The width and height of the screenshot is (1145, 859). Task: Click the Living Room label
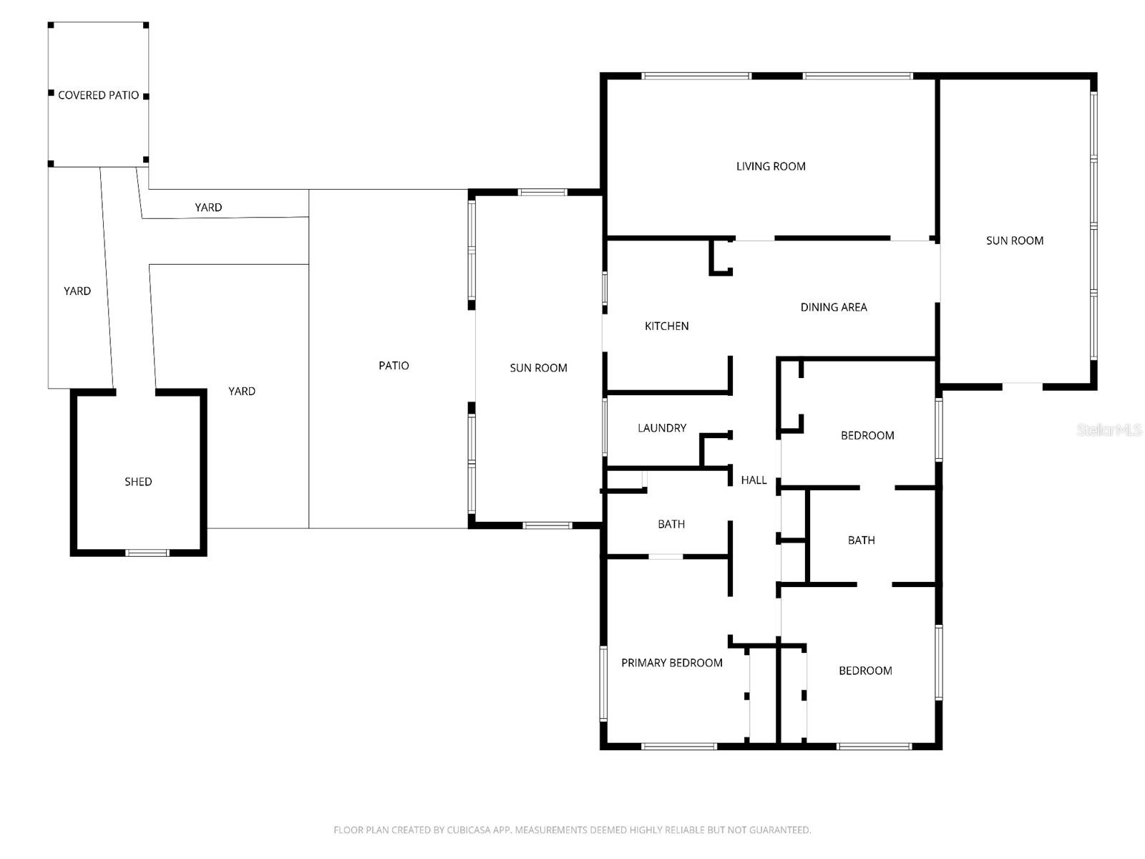(x=771, y=166)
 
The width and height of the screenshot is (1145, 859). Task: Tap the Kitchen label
(x=666, y=326)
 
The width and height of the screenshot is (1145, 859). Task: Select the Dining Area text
(x=834, y=307)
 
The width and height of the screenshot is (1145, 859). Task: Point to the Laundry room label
(x=662, y=428)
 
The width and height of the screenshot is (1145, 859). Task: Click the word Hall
(x=754, y=480)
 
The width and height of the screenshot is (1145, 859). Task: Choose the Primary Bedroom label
(x=671, y=663)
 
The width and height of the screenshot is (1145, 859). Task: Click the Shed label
(x=138, y=482)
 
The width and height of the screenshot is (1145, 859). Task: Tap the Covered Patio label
(x=98, y=95)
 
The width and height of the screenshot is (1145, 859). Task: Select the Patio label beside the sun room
(x=394, y=366)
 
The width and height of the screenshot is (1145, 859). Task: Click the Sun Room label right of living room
(x=1015, y=241)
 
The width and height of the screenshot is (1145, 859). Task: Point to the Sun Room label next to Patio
(x=538, y=368)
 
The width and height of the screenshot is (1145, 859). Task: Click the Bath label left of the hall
(x=671, y=524)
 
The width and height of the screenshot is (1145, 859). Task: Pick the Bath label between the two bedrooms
(x=861, y=540)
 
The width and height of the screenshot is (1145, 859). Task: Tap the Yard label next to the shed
(x=242, y=391)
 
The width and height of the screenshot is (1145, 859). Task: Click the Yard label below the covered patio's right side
(x=208, y=208)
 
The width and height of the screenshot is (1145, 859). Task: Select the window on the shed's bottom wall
(x=147, y=553)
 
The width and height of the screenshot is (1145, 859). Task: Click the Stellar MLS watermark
(x=1109, y=429)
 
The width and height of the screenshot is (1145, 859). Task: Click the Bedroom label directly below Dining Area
(x=867, y=435)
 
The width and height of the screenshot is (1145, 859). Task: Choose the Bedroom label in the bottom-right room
(x=865, y=671)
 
